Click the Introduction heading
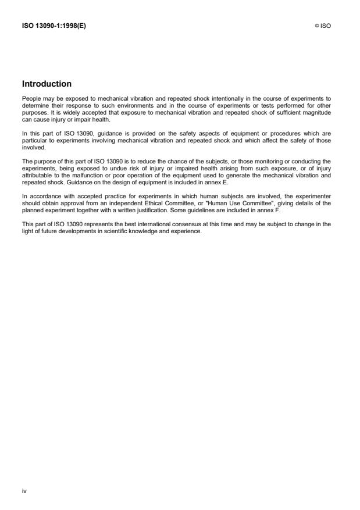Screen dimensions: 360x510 coord(47,84)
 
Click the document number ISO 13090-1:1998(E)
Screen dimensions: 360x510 coord(54,26)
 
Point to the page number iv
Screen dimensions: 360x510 coord(24,491)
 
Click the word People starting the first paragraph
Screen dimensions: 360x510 coord(30,99)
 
